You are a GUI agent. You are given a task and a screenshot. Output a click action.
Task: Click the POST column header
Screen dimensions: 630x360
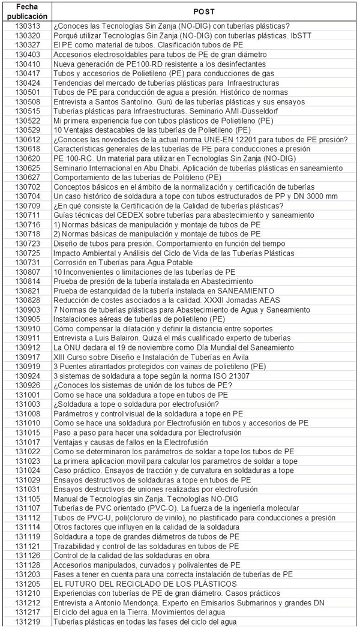(204, 11)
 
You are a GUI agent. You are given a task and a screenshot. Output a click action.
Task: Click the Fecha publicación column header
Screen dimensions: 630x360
(27, 11)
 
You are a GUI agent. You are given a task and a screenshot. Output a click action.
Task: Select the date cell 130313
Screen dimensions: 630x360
(27, 26)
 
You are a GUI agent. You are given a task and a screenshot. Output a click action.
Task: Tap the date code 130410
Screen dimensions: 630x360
(27, 64)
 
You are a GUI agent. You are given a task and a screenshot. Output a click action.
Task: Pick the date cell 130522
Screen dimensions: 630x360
(27, 120)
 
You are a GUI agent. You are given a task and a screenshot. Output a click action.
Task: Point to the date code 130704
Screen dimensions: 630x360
(27, 196)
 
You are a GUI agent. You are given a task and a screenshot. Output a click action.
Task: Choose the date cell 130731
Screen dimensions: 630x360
(27, 262)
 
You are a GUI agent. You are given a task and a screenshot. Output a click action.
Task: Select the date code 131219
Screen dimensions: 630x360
(27, 622)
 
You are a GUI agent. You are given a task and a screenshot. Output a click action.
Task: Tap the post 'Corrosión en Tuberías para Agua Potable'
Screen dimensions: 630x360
(123, 262)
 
